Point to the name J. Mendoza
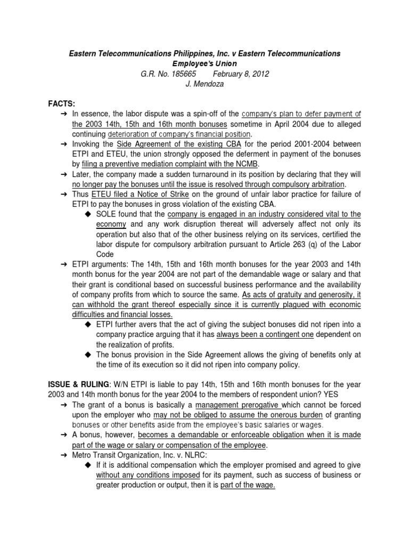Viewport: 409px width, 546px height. click(x=204, y=84)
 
